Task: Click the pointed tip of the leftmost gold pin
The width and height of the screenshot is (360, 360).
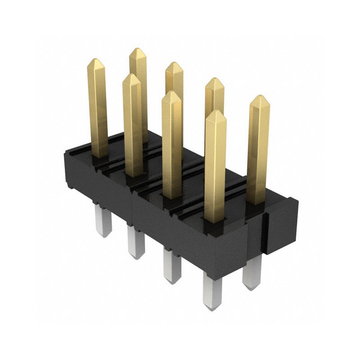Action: pyautogui.click(x=96, y=59)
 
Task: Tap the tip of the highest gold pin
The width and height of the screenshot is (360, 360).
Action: pyautogui.click(x=137, y=49)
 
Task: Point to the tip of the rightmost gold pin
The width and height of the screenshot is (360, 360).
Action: pyautogui.click(x=259, y=96)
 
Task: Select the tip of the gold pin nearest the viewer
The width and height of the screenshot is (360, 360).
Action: pyautogui.click(x=216, y=111)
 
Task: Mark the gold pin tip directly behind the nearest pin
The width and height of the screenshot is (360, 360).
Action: pyautogui.click(x=214, y=80)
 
